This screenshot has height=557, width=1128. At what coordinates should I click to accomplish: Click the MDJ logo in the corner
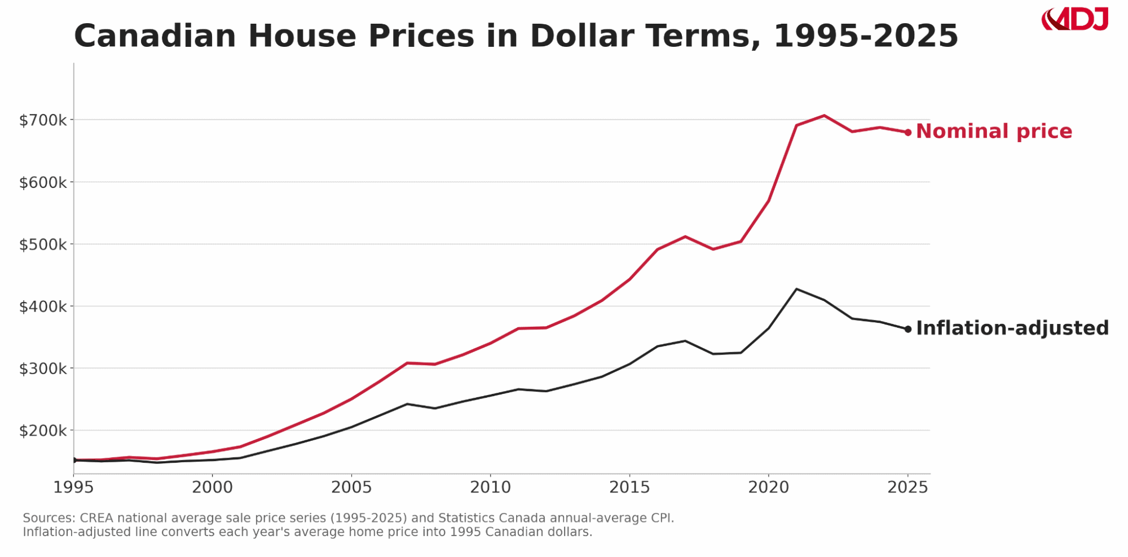1075,20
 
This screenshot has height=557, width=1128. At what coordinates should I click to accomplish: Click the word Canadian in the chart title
155,36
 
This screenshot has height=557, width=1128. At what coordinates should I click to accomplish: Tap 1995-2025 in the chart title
865,36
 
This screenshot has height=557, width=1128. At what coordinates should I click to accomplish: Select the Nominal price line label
994,131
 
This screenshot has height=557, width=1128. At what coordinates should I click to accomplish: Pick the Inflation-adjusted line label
1012,328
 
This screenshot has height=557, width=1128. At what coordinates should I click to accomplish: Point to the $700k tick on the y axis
43,120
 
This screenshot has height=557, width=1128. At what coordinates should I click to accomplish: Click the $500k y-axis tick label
43,245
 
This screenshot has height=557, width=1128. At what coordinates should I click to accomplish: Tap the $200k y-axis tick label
43,431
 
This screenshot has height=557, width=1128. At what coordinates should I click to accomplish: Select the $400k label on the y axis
43,307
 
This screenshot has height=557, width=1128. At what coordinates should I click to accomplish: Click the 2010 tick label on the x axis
490,488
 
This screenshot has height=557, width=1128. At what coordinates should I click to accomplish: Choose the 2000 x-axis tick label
212,488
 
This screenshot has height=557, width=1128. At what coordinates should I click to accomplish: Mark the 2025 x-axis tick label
907,488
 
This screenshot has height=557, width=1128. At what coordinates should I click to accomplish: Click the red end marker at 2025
908,133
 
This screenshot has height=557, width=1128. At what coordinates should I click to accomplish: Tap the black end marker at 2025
908,329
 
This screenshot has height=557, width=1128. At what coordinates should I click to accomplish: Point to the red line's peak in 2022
824,116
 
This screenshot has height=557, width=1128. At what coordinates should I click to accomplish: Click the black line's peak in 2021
796,289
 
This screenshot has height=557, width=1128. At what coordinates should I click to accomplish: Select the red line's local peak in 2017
685,236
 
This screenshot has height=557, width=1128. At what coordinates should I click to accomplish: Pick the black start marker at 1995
74,460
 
